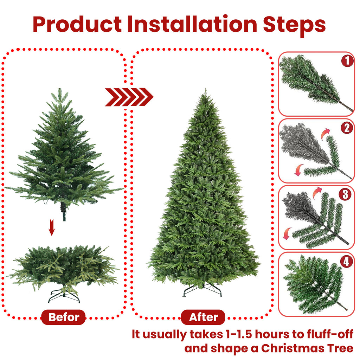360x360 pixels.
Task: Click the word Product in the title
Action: pyautogui.click(x=77, y=24)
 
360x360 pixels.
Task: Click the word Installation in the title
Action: pyautogui.click(x=192, y=24)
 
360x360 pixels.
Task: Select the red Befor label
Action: pyautogui.click(x=64, y=317)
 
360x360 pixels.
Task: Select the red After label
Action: pyautogui.click(x=204, y=317)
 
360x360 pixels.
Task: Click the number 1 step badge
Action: pyautogui.click(x=347, y=61)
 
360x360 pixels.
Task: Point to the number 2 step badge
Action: pyautogui.click(x=347, y=128)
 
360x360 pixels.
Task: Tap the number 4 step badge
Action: pyautogui.click(x=347, y=261)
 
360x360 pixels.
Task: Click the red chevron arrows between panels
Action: pyautogui.click(x=129, y=97)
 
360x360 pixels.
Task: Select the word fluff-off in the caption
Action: pyautogui.click(x=328, y=334)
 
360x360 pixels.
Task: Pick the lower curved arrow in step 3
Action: pyautogui.click(x=287, y=233)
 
